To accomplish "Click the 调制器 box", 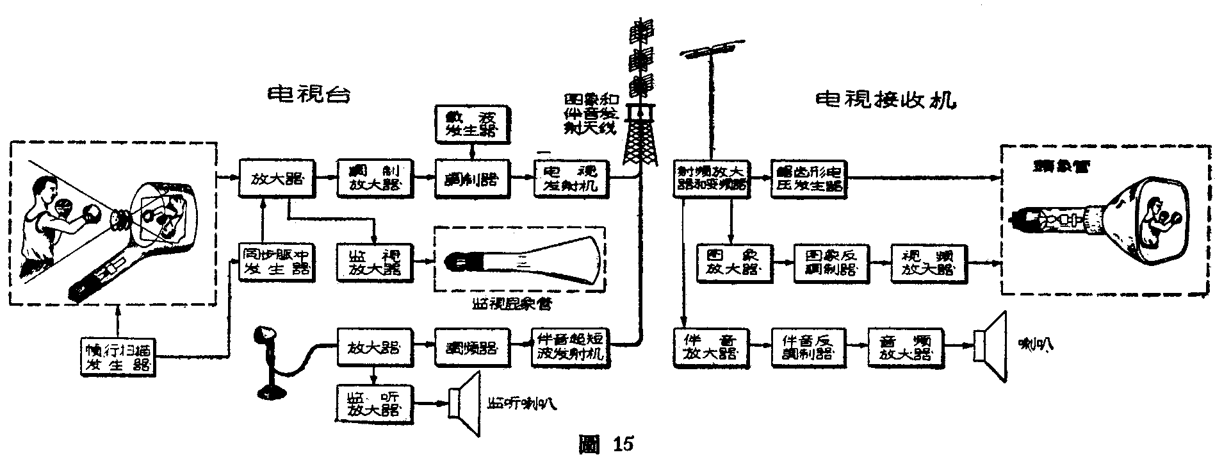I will (472, 177).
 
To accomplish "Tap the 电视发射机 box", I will (570, 177).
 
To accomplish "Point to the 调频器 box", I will (472, 347).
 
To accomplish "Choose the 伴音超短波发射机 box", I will (570, 347).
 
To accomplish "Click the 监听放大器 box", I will (375, 402).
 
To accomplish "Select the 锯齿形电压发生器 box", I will (809, 177).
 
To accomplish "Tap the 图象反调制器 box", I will (831, 262).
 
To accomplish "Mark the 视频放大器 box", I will (929, 262).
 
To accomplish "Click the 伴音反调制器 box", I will (809, 347).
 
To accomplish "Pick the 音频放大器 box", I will (906, 347).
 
